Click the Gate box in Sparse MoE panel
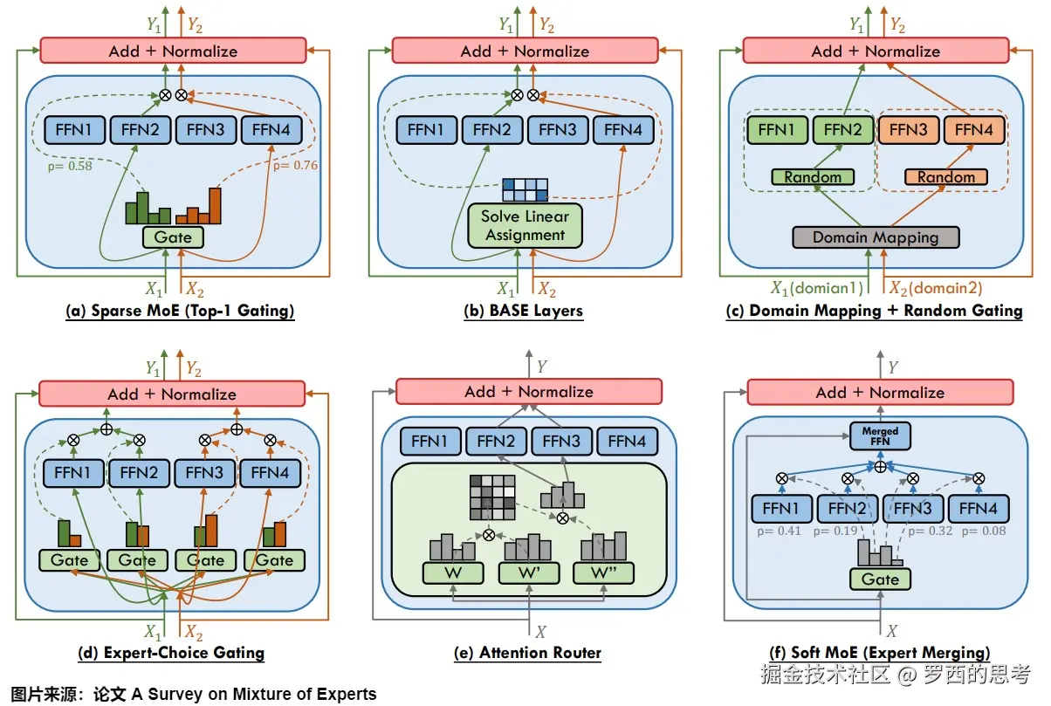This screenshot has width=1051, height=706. [173, 236]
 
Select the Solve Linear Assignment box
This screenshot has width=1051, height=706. [525, 225]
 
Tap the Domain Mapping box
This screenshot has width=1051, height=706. [876, 236]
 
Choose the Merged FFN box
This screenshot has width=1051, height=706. [880, 435]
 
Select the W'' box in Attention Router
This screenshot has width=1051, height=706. [603, 573]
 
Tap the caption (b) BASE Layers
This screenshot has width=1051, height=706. [525, 311]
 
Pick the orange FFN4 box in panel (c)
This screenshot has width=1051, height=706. [974, 131]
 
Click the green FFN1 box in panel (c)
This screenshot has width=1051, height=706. [777, 131]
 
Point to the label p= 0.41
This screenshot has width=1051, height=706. [780, 531]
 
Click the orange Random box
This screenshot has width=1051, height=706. [945, 177]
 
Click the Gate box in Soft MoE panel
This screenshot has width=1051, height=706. [880, 579]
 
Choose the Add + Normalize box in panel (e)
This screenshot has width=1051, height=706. [529, 392]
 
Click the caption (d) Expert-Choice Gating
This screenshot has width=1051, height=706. [171, 653]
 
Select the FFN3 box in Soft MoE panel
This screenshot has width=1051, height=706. [912, 508]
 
